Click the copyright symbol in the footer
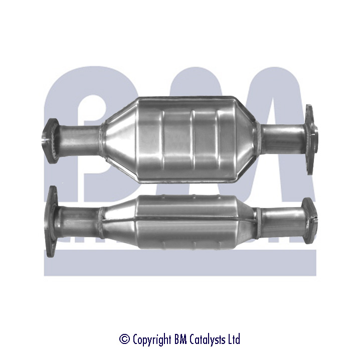click(x=125, y=339)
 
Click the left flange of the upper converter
click(x=50, y=141)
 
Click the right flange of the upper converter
click(x=311, y=139)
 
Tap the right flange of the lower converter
click(x=310, y=221)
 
